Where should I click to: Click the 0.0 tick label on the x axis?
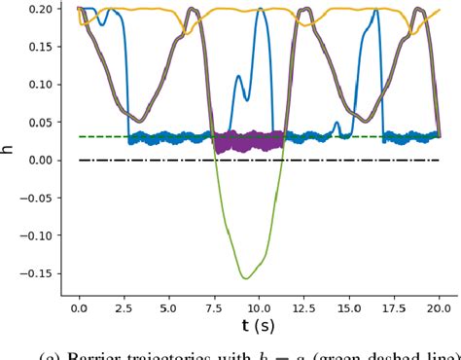(x=78, y=307)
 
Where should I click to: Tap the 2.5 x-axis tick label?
(x=124, y=307)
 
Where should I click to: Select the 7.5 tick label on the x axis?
(x=214, y=307)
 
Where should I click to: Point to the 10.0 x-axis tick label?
(x=259, y=307)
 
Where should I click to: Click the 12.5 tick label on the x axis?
(x=304, y=307)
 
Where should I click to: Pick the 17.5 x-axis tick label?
(x=395, y=307)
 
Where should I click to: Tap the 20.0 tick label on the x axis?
(x=440, y=307)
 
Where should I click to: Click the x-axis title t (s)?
(x=259, y=326)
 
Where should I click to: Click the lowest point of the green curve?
(x=246, y=278)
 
